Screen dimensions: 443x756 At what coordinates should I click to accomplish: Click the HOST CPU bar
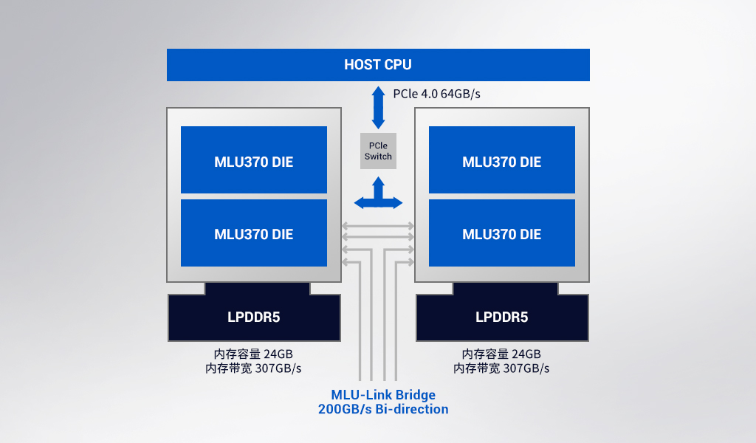tap(378, 65)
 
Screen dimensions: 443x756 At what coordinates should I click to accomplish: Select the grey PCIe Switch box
tap(378, 151)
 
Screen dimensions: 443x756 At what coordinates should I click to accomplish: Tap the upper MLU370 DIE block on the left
tap(253, 160)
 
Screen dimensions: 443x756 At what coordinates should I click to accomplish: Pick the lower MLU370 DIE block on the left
tap(253, 233)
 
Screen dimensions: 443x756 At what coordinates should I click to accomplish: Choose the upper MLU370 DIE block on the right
tap(501, 160)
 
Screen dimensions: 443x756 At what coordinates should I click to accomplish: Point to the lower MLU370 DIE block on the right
tap(501, 233)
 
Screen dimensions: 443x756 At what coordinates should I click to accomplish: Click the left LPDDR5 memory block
tap(253, 317)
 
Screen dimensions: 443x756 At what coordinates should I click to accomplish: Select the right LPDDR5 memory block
tap(501, 317)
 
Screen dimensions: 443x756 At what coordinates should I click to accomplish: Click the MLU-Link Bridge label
tap(382, 394)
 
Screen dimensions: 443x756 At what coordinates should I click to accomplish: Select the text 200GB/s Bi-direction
tap(382, 409)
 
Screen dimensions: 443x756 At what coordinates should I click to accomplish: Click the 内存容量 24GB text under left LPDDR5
tap(253, 354)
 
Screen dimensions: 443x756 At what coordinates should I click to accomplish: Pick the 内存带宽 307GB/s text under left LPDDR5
tap(253, 368)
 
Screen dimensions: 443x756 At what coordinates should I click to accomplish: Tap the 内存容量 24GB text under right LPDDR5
tap(501, 354)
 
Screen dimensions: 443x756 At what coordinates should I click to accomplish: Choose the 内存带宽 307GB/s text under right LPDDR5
tap(501, 368)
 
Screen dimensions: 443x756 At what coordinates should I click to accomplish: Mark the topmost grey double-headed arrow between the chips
tap(378, 225)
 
